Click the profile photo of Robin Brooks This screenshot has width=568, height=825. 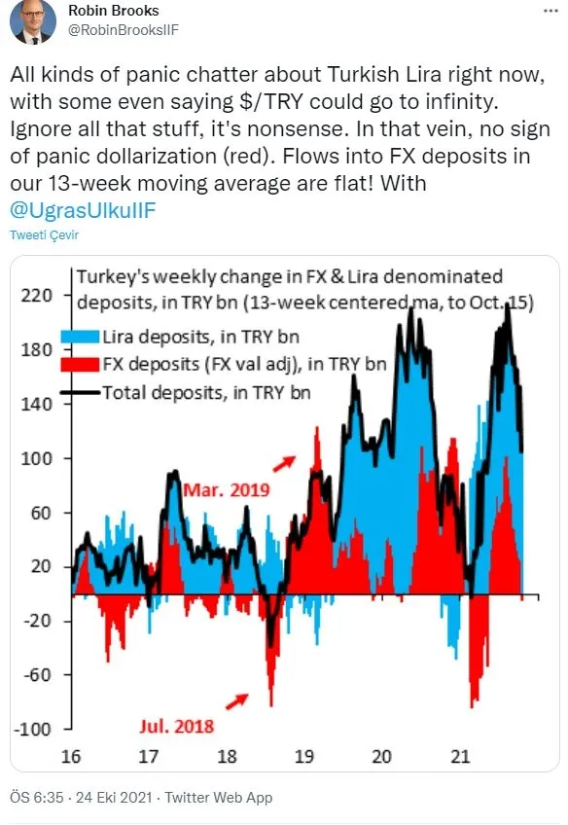pos(33,21)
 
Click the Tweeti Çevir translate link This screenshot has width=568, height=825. pos(44,235)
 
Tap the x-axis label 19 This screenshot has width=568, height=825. pos(305,755)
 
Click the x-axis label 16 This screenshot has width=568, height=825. pos(72,755)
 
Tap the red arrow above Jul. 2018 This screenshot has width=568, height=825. pos(236,698)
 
